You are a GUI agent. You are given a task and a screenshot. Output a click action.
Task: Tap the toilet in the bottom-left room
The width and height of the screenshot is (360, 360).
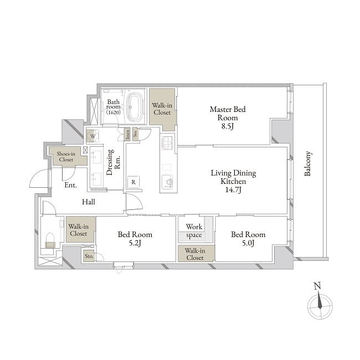coord(50,240)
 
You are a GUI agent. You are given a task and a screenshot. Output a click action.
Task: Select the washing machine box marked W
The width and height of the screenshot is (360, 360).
coord(92,136)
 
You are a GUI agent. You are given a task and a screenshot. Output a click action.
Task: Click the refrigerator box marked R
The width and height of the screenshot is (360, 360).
coord(133,182)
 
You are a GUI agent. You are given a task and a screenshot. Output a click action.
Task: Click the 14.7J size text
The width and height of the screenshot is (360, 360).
coord(233,190)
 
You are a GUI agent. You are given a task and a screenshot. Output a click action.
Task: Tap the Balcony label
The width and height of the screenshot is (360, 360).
coord(307,164)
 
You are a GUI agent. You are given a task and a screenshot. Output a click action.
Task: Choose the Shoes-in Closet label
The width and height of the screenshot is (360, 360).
coord(66,157)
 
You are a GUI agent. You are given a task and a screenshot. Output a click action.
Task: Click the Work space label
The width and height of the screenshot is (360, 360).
coord(194,231)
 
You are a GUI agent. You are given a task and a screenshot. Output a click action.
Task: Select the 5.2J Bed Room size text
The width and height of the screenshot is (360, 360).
coord(135,243)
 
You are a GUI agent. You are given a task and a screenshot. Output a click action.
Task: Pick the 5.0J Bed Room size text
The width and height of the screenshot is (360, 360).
coord(248,243)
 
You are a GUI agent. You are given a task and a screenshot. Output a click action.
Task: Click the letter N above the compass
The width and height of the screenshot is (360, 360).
coord(317,286)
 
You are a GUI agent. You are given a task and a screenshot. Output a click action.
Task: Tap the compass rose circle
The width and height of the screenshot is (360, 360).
coord(320,306)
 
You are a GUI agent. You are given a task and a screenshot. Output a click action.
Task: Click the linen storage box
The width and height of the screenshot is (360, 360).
coord(127,134)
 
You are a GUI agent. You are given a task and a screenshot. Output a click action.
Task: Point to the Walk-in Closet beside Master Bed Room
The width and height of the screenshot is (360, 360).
coord(162,109)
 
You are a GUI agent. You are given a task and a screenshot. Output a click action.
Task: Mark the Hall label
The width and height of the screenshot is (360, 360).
coord(89,202)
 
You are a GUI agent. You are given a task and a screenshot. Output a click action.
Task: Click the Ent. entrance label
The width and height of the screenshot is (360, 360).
coord(70,185)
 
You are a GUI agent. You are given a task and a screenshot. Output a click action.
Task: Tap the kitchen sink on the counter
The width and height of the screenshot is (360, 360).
coord(168,182)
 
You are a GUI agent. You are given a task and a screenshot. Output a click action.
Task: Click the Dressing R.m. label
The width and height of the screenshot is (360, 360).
coord(114,162)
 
